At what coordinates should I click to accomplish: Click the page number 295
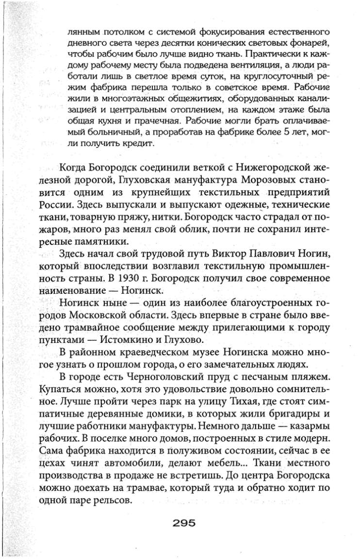pyautogui.click(x=180, y=522)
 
